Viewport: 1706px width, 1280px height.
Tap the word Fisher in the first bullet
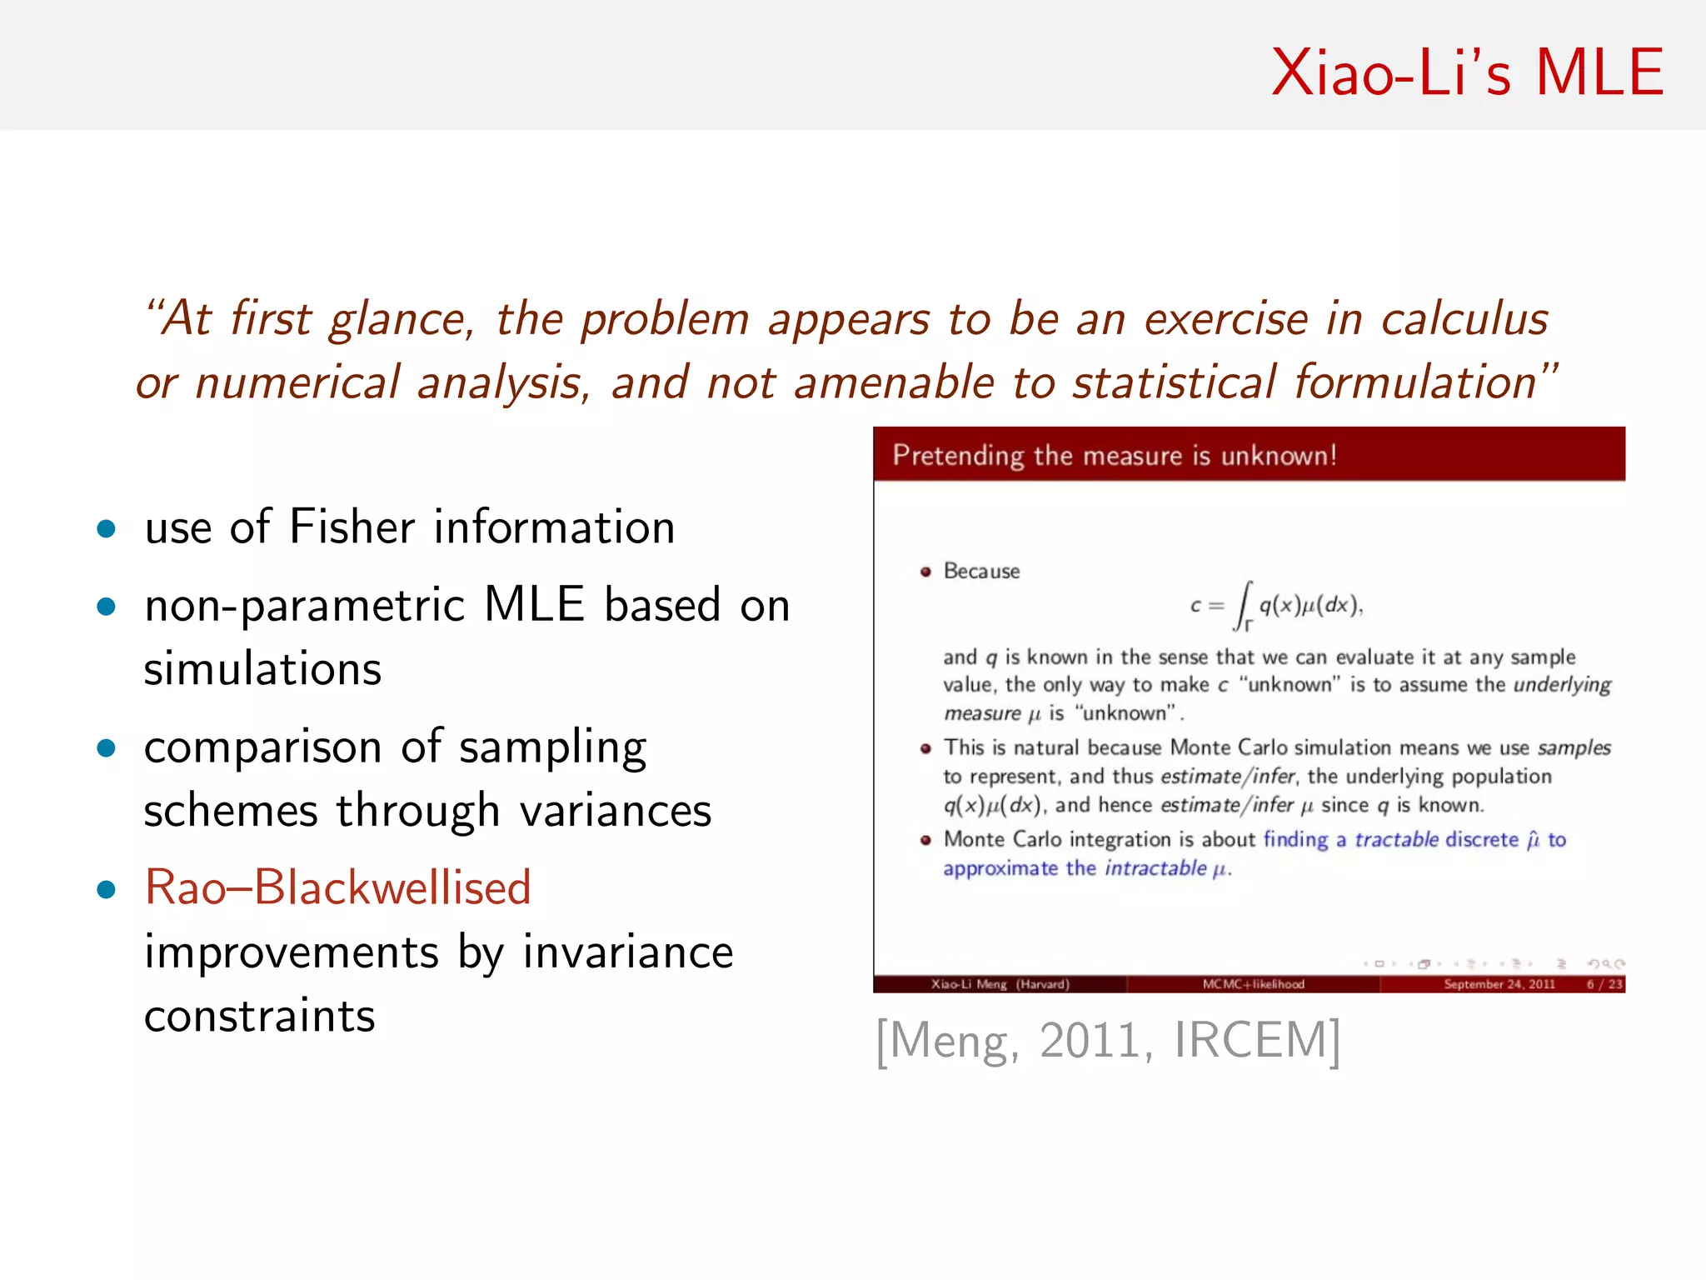tap(352, 527)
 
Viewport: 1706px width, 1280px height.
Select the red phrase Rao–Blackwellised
tap(337, 887)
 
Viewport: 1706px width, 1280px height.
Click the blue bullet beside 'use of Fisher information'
tap(106, 528)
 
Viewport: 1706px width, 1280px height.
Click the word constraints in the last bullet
tap(259, 1016)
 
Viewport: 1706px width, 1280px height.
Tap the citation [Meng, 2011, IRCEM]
tap(1108, 1041)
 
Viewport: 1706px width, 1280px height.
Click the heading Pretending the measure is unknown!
tap(1114, 456)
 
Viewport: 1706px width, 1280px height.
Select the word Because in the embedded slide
tap(981, 572)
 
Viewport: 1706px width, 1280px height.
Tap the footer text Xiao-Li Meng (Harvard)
tap(1000, 984)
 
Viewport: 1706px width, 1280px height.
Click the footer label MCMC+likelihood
tap(1253, 984)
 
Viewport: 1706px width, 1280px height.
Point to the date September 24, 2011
tap(1499, 984)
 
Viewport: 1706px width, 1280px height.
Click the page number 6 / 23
tap(1604, 984)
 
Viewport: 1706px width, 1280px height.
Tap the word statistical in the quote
tap(1174, 383)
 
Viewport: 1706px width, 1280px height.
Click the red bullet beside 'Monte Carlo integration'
tap(925, 840)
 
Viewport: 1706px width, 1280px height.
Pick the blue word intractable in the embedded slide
tap(1155, 868)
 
